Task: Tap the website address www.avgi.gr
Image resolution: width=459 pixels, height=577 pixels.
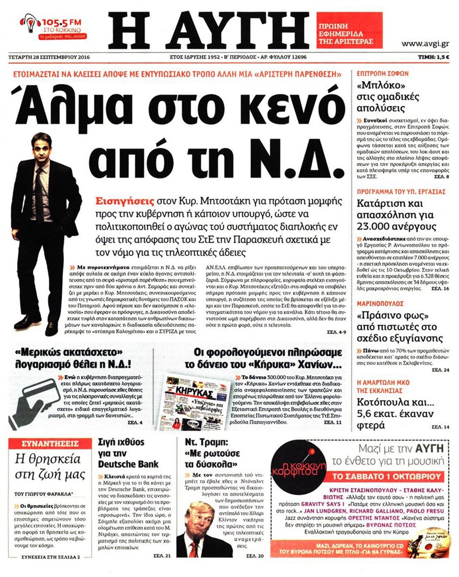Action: [x=424, y=44]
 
